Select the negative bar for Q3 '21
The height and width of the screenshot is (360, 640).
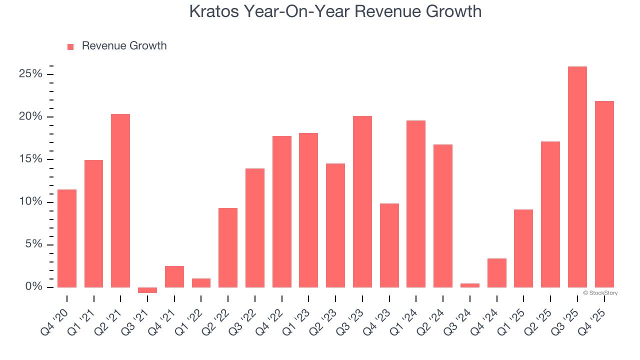(x=147, y=290)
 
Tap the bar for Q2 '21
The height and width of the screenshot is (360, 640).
(x=120, y=200)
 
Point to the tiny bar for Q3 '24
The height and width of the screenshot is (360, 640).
(x=470, y=285)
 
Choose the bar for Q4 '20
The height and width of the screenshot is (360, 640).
(x=67, y=238)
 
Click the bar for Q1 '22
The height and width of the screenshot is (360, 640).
(x=201, y=283)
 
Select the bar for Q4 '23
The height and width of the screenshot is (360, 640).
(x=389, y=245)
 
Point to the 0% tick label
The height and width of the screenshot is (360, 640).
(x=34, y=287)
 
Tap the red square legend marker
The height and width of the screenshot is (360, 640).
(x=70, y=46)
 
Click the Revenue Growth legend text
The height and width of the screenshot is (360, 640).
(x=124, y=46)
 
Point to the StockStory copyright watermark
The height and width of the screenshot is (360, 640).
(x=600, y=293)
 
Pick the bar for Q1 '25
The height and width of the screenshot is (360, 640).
(x=523, y=248)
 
